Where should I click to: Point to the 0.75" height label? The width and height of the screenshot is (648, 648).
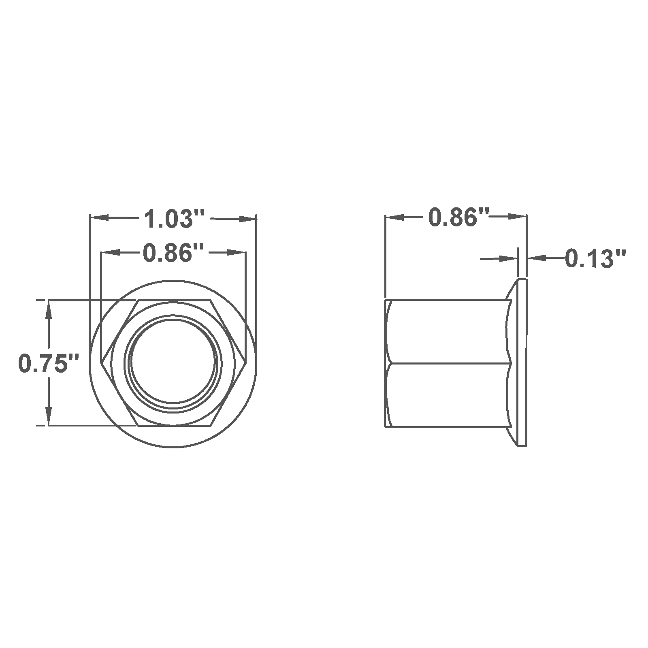(x=48, y=363)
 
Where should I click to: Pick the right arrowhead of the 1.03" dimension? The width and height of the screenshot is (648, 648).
(x=247, y=219)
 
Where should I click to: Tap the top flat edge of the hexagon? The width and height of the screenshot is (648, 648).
(x=174, y=301)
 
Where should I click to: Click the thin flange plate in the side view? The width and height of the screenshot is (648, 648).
(x=522, y=362)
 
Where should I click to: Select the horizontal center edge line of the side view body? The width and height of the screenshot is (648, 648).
(x=446, y=362)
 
